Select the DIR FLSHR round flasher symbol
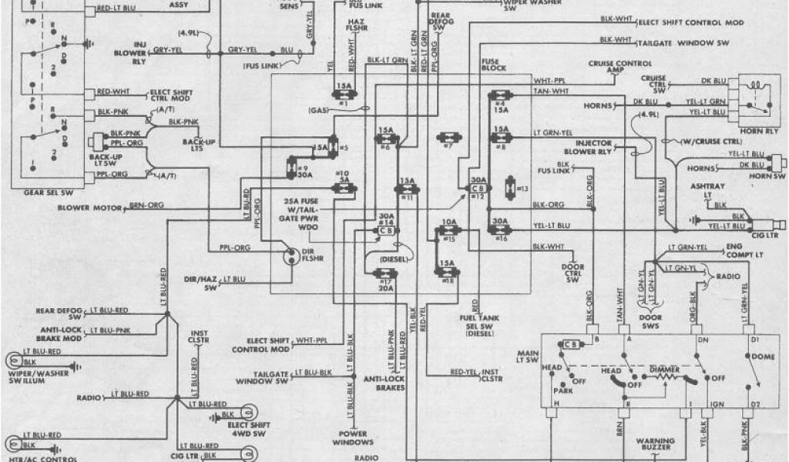click(x=290, y=256)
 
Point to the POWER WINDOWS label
click(x=354, y=438)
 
